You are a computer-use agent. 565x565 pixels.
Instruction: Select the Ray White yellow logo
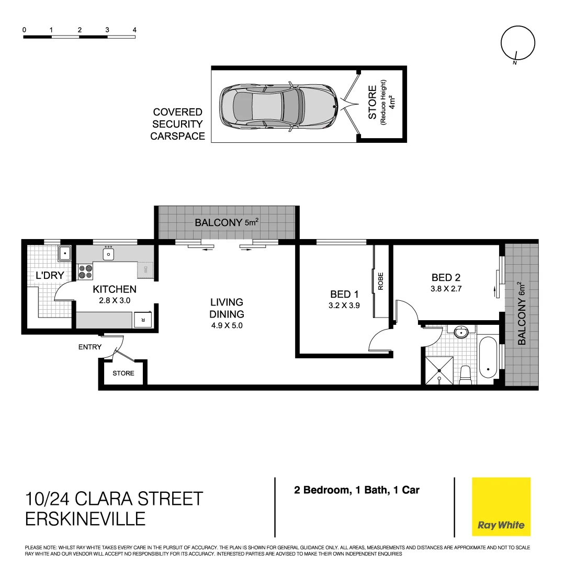(x=501, y=506)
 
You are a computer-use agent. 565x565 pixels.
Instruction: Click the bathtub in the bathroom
(x=488, y=357)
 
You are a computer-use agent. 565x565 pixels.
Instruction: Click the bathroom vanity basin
(x=461, y=333)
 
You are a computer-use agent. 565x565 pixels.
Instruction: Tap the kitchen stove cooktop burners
(x=85, y=272)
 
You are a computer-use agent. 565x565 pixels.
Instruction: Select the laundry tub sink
(x=65, y=254)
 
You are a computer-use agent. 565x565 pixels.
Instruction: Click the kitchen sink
(x=108, y=254)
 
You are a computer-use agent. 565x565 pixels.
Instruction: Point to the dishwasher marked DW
(x=145, y=271)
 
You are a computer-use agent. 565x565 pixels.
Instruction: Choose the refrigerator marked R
(x=141, y=320)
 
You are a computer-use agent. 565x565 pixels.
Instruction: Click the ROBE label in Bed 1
(x=381, y=281)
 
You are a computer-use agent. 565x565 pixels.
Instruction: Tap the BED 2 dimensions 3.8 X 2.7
(x=446, y=288)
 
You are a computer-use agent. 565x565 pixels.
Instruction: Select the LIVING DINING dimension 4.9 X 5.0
(x=227, y=325)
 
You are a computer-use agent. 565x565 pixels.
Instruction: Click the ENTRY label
(x=90, y=347)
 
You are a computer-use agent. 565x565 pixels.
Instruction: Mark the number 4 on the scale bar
(x=135, y=30)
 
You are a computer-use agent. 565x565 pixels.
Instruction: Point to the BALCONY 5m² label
(x=227, y=223)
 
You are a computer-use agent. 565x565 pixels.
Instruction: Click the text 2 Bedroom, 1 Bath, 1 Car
(x=356, y=490)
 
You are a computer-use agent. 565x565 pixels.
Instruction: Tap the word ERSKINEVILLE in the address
(x=85, y=518)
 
